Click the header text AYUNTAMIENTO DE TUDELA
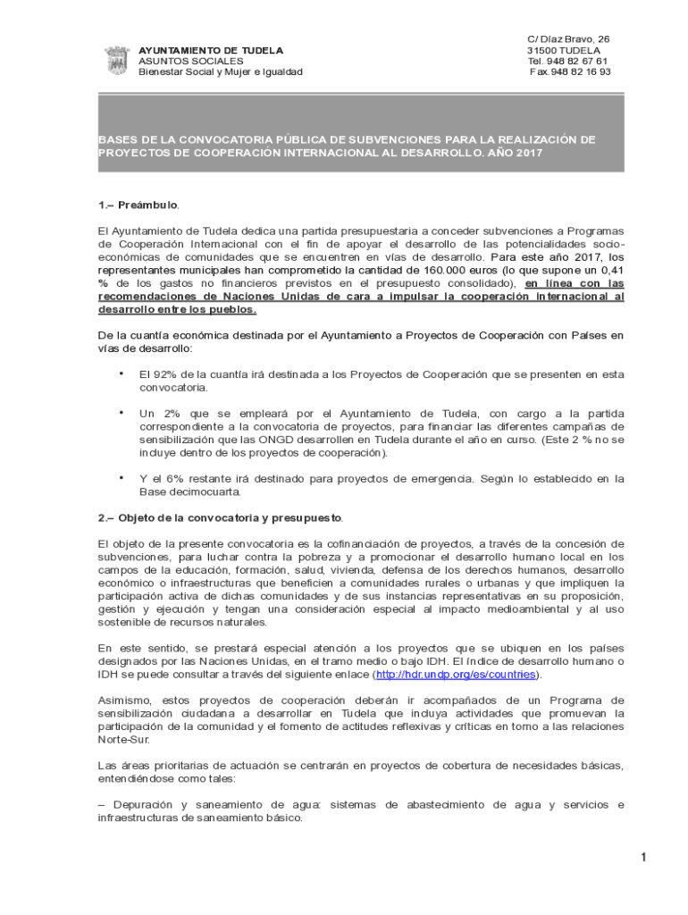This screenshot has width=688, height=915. click(210, 50)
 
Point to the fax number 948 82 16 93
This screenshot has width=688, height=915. click(580, 71)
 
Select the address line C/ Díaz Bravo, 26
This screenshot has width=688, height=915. click(568, 39)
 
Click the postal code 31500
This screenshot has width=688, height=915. click(541, 50)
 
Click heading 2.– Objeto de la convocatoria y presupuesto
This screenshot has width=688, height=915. click(219, 517)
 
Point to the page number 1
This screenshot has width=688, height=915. click(642, 859)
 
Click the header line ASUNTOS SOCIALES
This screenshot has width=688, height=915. click(190, 61)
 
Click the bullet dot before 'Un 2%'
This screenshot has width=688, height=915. click(121, 412)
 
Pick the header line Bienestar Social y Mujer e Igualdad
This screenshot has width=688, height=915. click(220, 71)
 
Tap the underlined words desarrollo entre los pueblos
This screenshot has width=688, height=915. click(177, 309)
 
